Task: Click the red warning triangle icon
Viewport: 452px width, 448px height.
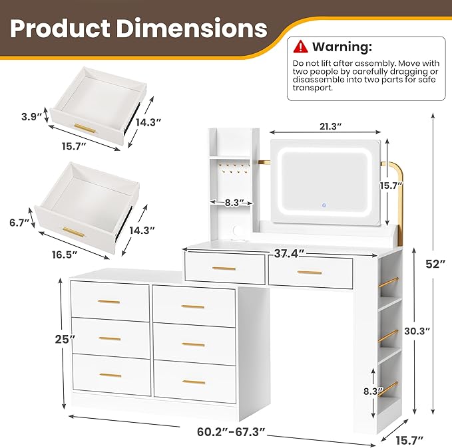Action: [x=302, y=47]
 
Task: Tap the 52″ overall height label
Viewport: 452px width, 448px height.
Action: [x=435, y=264]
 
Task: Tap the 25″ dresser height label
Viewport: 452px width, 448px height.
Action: [x=65, y=339]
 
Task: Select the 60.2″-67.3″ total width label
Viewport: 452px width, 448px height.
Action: [x=232, y=432]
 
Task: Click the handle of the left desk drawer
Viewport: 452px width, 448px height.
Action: [x=224, y=269]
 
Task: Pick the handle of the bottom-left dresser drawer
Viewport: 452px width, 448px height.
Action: [x=110, y=376]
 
